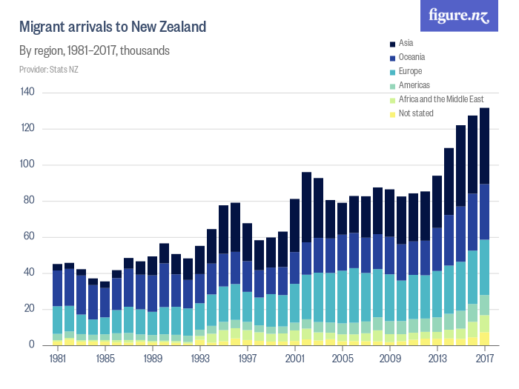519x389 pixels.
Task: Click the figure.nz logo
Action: [x=459, y=16]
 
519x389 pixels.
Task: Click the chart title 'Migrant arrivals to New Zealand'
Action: [x=112, y=27]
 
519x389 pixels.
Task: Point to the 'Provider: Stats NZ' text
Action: [x=50, y=70]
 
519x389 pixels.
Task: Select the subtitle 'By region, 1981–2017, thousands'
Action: [x=95, y=51]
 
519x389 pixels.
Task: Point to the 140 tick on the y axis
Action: [x=28, y=92]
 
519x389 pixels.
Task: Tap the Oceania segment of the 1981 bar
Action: [x=57, y=288]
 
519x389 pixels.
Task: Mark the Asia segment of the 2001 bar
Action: [x=294, y=225]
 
